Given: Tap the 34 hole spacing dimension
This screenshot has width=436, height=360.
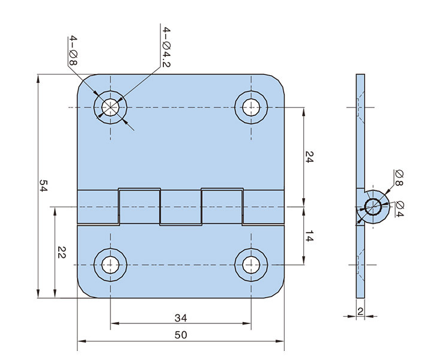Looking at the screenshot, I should coord(181,317).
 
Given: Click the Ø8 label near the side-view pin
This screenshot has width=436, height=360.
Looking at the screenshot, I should coord(399,178).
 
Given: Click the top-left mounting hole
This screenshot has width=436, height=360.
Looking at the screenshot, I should coord(111,107).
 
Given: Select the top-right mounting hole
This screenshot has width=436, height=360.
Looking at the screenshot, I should coord(251,107).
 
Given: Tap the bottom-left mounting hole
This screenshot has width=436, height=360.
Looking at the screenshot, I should coord(111,264).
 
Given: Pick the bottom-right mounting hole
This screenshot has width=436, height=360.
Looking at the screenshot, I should coord(251,264).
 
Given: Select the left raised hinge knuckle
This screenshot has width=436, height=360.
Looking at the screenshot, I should coord(139,206).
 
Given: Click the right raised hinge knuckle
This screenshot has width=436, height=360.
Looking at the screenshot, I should coord(222,206).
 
